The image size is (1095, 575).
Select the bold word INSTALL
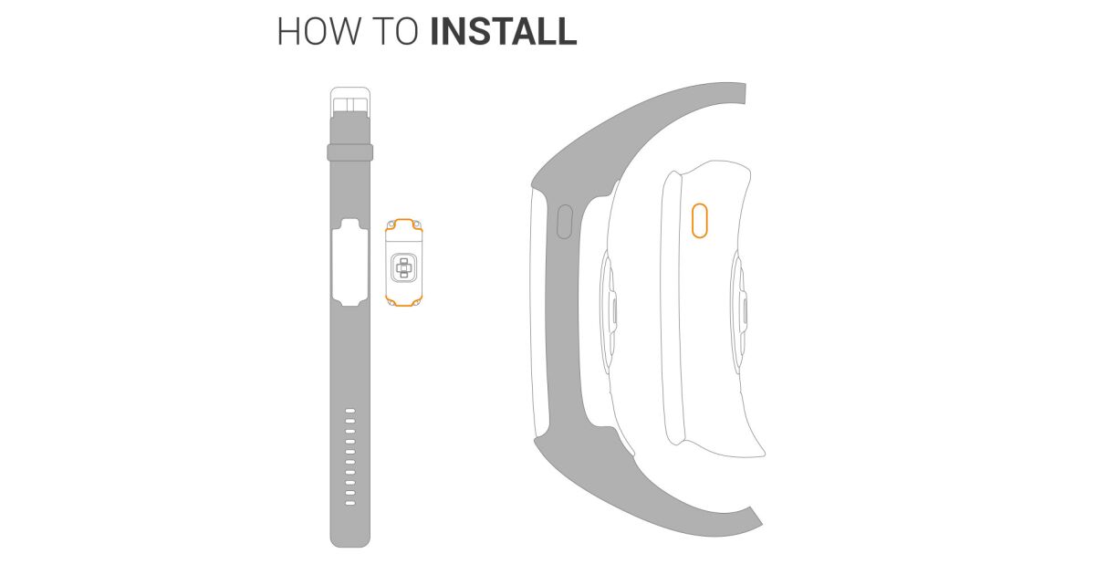click(504, 32)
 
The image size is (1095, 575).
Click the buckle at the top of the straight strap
click(350, 101)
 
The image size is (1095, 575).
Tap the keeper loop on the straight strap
click(350, 152)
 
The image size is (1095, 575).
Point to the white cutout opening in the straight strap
click(350, 263)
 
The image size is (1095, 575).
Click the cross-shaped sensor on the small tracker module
click(403, 268)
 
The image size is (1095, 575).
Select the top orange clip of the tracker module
click(403, 225)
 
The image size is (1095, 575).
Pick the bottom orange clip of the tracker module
click(403, 300)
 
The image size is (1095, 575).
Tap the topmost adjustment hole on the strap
click(350, 411)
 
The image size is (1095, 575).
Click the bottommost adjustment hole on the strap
click(350, 503)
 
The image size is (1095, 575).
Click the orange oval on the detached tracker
click(700, 221)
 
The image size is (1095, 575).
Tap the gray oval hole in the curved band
click(565, 222)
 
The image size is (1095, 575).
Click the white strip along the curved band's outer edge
click(537, 313)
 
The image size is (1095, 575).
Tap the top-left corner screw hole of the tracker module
click(391, 225)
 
